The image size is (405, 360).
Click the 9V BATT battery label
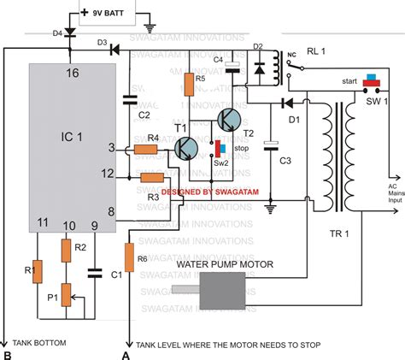point(114,15)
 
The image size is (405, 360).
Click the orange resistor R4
point(153,148)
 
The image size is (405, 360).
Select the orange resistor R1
point(36,271)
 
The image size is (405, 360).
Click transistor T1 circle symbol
point(185,148)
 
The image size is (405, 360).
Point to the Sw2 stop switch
point(217,147)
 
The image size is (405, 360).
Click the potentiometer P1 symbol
point(64,298)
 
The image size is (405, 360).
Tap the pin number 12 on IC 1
point(109,174)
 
